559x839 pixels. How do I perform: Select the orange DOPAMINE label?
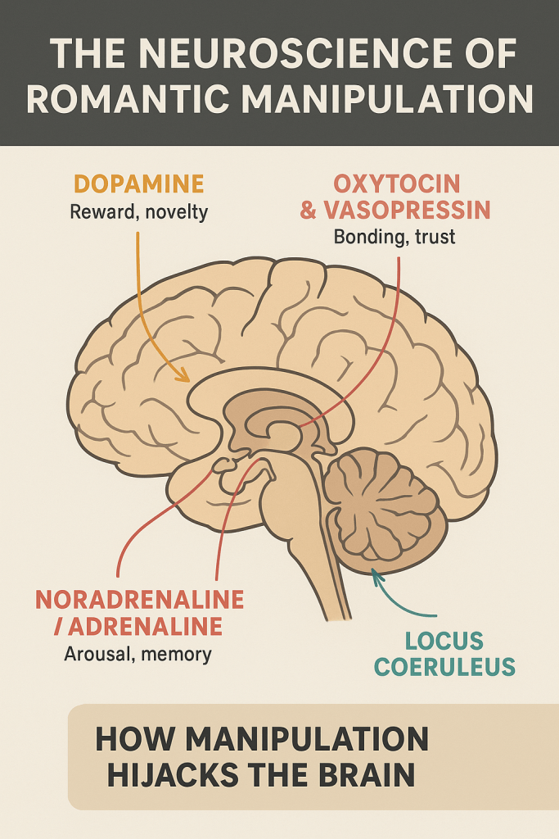pyautogui.click(x=139, y=184)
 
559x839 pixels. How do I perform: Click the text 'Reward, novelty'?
pyautogui.click(x=139, y=212)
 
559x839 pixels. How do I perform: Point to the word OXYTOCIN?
pyautogui.click(x=396, y=184)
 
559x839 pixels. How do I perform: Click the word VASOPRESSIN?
pyautogui.click(x=408, y=211)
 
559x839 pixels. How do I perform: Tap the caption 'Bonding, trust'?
pyautogui.click(x=394, y=237)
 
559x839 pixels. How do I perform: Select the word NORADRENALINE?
pyautogui.click(x=139, y=600)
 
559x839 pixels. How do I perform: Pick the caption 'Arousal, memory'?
pyautogui.click(x=137, y=654)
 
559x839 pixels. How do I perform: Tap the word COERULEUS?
pyautogui.click(x=444, y=667)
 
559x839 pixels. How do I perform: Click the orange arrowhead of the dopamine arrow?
pyautogui.click(x=183, y=374)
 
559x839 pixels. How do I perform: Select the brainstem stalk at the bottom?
pyautogui.click(x=315, y=556)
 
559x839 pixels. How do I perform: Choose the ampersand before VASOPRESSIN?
pyautogui.click(x=309, y=211)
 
